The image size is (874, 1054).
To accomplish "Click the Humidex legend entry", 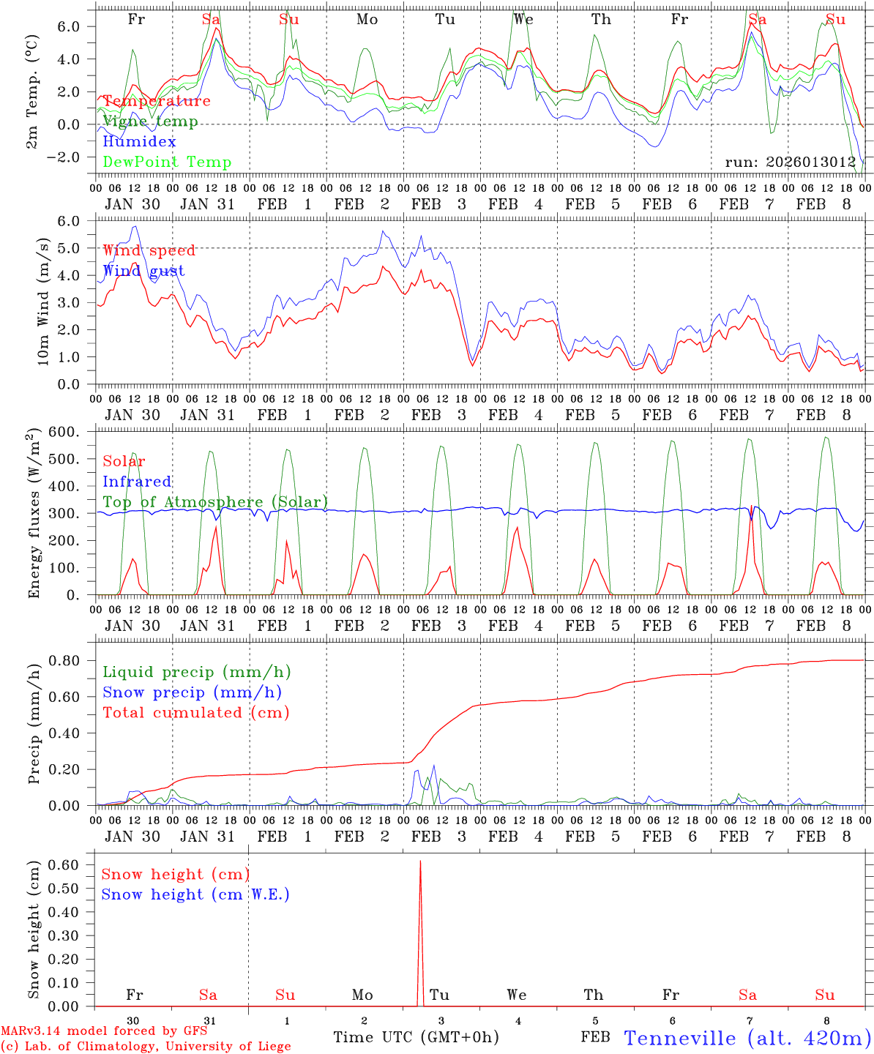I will (x=139, y=142).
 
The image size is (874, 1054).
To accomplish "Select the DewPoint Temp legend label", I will (x=167, y=162).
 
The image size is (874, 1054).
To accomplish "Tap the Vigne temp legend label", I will (x=150, y=122).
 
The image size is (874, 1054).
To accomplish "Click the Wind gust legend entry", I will (x=143, y=271).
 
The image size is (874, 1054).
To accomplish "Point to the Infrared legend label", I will (x=137, y=482).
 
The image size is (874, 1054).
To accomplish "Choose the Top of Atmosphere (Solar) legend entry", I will (x=215, y=502).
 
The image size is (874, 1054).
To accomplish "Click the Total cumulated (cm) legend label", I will (x=196, y=712).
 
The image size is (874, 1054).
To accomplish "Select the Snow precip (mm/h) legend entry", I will (x=193, y=692).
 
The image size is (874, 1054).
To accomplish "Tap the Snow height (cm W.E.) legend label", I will (x=195, y=894).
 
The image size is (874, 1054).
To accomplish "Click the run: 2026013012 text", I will (x=790, y=162).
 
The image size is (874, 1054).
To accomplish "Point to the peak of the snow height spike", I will (x=420, y=861).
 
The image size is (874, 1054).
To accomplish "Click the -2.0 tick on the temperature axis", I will (x=72, y=157).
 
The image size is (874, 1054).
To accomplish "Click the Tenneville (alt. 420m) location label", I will (x=747, y=1038).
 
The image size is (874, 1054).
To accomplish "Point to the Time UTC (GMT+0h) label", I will (x=416, y=1037).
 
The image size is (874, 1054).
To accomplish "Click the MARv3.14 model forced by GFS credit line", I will (x=104, y=1031).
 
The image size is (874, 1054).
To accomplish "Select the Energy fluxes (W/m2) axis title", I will (x=35, y=514).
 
